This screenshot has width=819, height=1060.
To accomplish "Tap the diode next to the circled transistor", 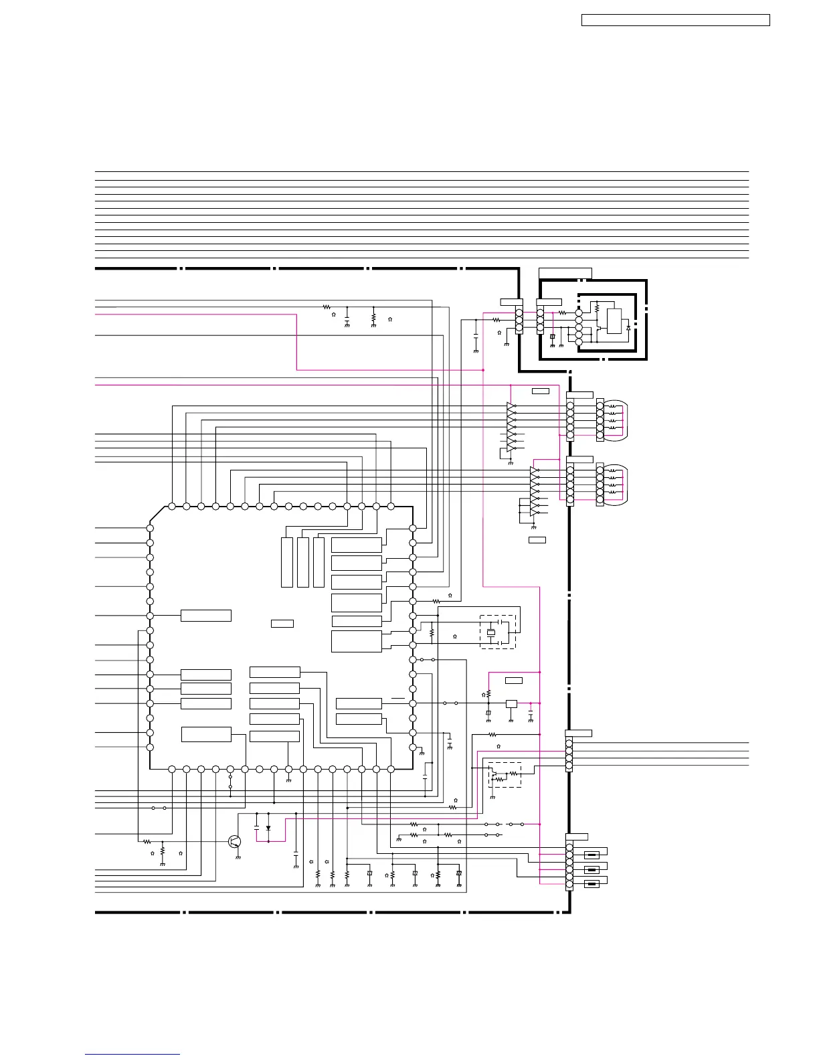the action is point(268,828).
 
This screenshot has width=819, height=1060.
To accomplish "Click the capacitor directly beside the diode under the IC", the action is point(257,828).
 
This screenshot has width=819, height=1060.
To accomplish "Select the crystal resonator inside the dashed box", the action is point(491,632).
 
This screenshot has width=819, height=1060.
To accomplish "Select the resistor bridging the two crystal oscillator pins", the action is point(432,631).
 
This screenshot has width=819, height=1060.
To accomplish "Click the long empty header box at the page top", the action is point(675,21).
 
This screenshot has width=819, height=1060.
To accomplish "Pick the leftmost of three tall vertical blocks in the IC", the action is point(287,562).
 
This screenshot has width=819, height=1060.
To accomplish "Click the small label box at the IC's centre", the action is point(282,624).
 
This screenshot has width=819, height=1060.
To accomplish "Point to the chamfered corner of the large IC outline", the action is point(157,514).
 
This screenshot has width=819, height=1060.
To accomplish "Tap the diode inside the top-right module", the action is point(628,327).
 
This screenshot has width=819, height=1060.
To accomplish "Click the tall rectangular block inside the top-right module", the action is point(614,321).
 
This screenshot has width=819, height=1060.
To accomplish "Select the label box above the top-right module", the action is point(565,272).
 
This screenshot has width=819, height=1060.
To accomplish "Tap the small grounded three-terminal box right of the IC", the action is point(511,703).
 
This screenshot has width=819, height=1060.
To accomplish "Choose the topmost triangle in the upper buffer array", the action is point(511,406).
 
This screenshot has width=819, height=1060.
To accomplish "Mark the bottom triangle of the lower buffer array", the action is point(534,513).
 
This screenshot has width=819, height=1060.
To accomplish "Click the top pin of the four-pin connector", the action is point(569,743).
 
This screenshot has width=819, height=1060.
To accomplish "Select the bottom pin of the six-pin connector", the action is point(569,885).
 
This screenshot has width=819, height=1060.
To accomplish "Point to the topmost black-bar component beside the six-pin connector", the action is point(591,855).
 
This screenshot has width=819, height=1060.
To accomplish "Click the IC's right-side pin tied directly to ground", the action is point(413,747).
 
